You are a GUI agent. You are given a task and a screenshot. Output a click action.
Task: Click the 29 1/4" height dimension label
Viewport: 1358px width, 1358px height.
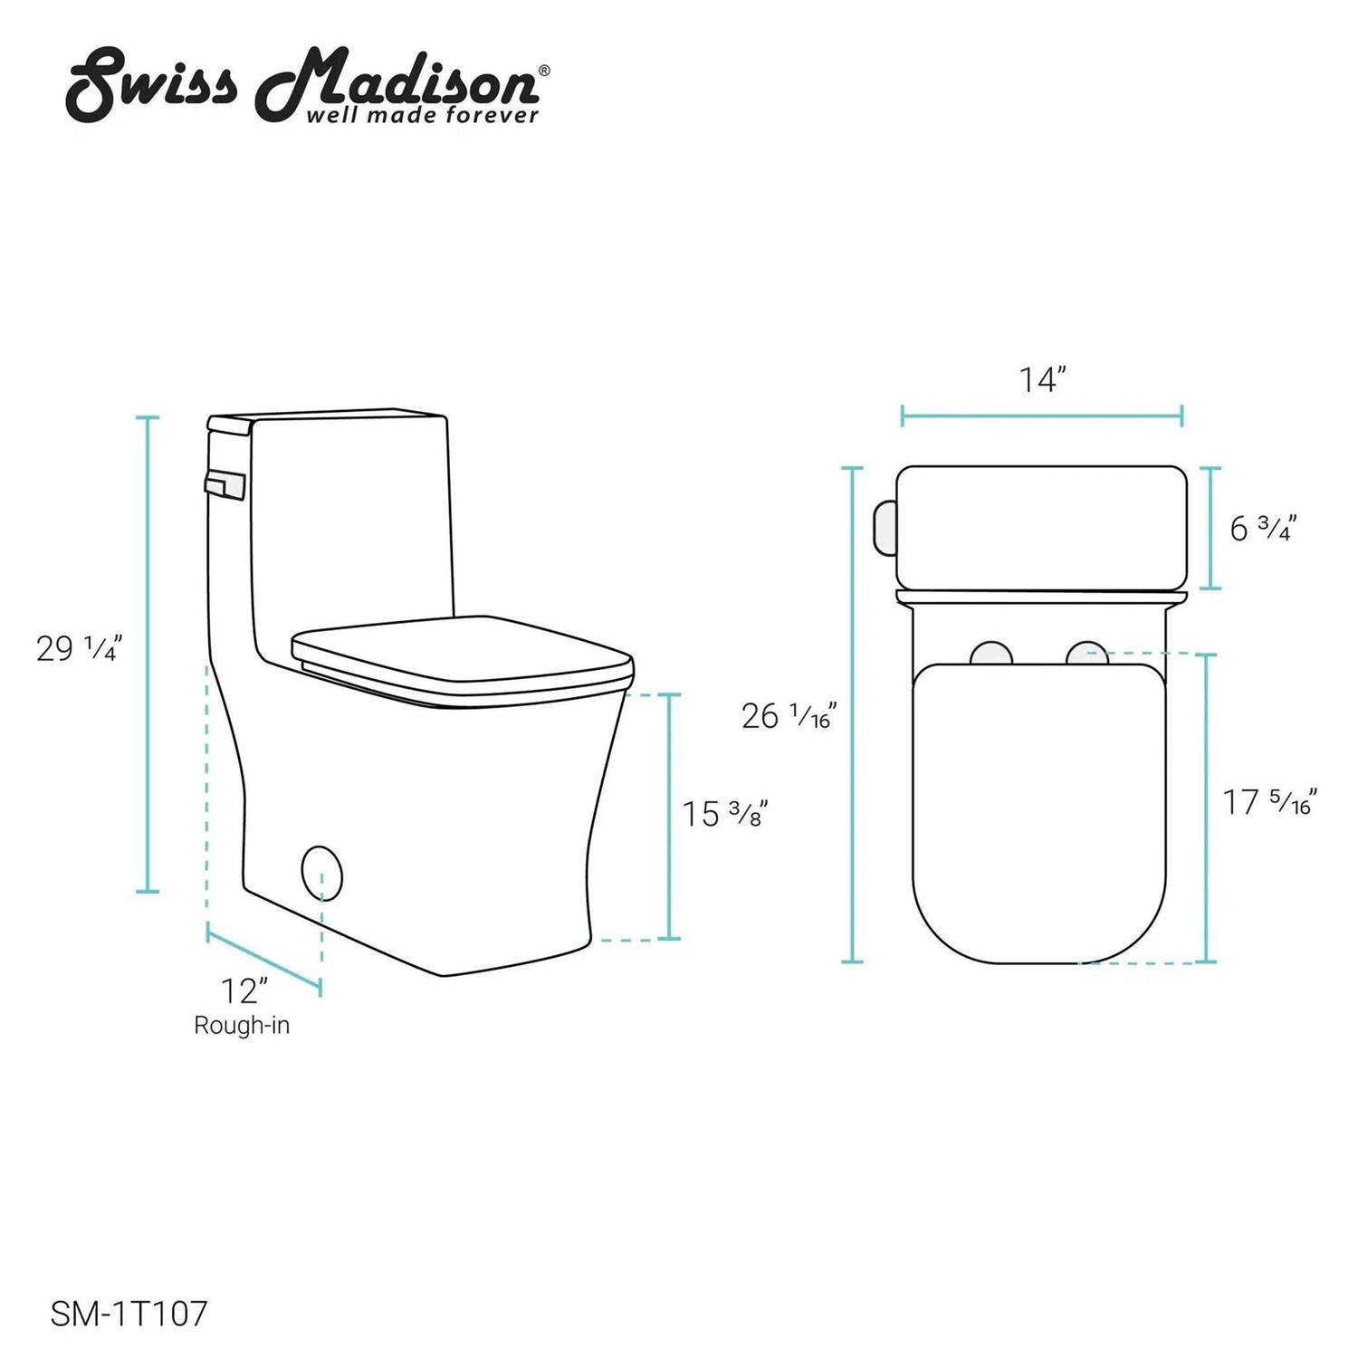[x=79, y=648]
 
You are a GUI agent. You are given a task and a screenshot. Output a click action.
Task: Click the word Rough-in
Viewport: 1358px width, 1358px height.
[x=242, y=1026]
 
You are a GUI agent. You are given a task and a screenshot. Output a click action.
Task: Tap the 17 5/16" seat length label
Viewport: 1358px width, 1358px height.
[x=1270, y=801]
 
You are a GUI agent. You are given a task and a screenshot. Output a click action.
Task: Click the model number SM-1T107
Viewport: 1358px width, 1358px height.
[x=129, y=1314]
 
